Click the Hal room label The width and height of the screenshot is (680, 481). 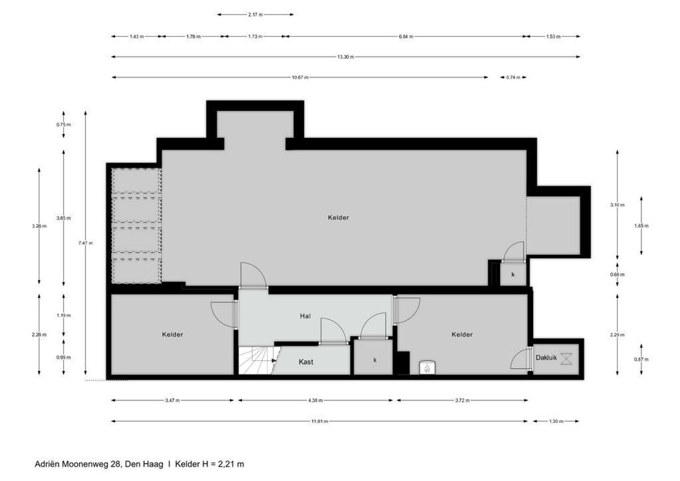click(x=305, y=316)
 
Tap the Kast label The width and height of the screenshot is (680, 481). click(x=306, y=362)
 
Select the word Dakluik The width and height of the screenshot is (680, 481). click(x=546, y=358)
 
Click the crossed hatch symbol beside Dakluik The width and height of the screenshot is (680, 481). click(x=566, y=359)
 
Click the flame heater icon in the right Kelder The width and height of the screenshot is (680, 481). click(x=427, y=368)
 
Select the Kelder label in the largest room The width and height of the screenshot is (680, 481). click(x=338, y=218)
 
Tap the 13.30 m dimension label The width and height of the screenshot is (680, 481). click(x=345, y=57)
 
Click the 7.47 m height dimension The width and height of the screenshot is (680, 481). click(x=85, y=243)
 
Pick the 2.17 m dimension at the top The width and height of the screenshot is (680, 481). click(x=255, y=15)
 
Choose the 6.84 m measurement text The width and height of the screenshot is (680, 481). click(x=405, y=37)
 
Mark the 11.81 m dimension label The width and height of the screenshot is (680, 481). click(x=319, y=421)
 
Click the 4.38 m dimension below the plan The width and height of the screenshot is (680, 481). click(x=315, y=400)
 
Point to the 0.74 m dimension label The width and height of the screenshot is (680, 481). click(x=513, y=77)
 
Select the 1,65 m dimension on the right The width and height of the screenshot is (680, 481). click(x=641, y=226)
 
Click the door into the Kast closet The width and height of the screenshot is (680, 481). click(x=333, y=332)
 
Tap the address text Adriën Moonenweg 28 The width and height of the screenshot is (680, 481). click(x=78, y=464)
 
